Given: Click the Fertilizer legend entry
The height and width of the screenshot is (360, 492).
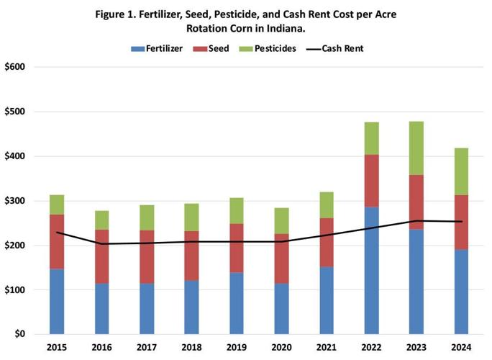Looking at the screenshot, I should click(158, 48).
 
